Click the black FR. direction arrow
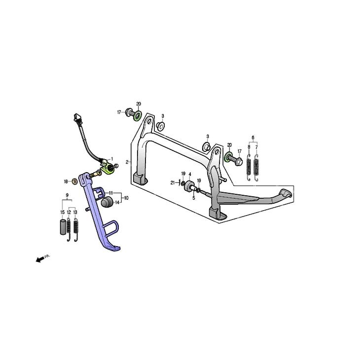(x=40, y=260)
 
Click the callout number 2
(x=127, y=162)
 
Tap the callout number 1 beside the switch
(x=112, y=159)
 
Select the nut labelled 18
(x=74, y=181)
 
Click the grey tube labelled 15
(x=63, y=227)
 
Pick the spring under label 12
(x=69, y=229)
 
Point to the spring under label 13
(x=75, y=229)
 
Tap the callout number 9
(x=67, y=195)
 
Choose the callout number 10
(x=126, y=198)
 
